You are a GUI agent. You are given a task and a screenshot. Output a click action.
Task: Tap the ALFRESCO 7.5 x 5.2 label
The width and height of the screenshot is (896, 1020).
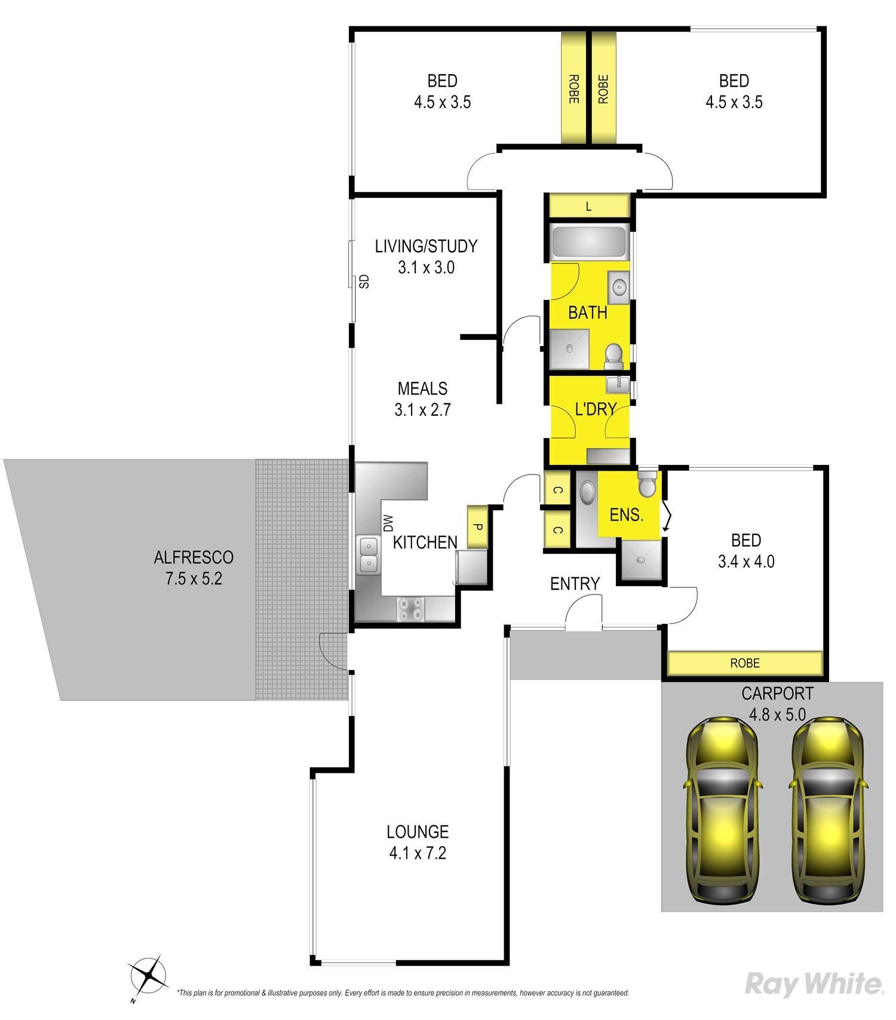(194, 568)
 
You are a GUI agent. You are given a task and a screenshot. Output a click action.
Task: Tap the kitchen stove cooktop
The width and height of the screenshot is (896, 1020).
(410, 608)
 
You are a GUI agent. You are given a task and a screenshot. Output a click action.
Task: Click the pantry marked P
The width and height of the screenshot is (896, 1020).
(477, 527)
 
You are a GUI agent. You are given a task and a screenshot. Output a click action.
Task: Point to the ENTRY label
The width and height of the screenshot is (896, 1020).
(575, 584)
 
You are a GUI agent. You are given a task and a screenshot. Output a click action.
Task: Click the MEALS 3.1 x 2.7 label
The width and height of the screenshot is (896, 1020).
(422, 399)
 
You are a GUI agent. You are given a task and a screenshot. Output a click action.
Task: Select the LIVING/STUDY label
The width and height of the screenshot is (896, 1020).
(426, 246)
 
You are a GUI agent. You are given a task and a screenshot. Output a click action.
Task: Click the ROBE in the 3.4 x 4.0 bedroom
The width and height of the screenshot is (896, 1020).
(745, 663)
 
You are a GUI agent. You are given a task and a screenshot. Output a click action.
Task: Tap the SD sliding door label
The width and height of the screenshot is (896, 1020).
(364, 281)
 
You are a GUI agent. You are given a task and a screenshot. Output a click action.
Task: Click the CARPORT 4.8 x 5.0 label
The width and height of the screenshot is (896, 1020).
(777, 704)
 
